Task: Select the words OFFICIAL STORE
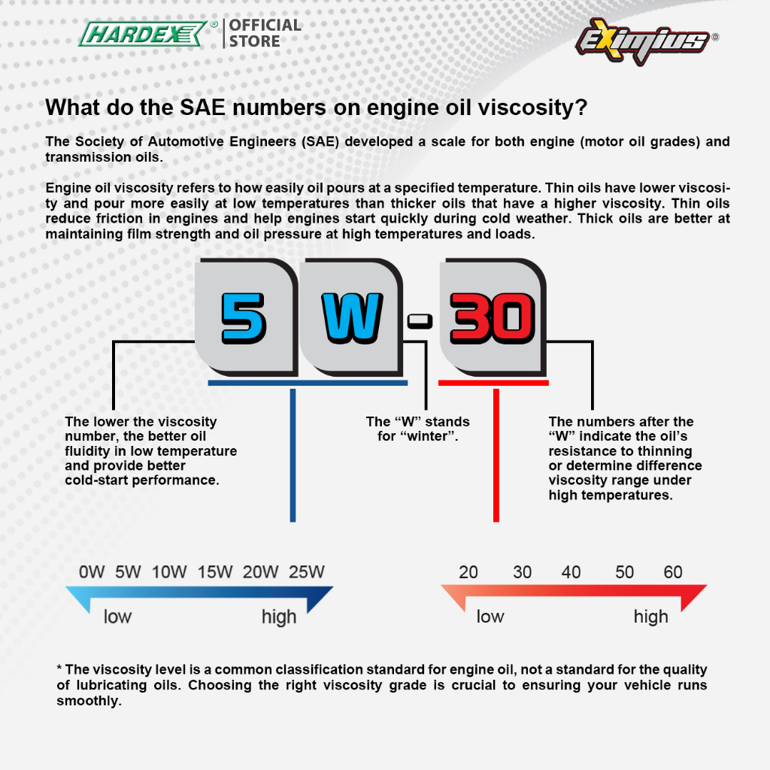click(x=265, y=33)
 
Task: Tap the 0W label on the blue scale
click(x=92, y=572)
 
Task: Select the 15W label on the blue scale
click(x=215, y=572)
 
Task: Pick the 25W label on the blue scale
click(x=307, y=572)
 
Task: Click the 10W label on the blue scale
click(x=169, y=572)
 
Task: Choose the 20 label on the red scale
click(x=468, y=572)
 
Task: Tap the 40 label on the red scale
click(x=571, y=572)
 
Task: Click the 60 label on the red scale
click(x=672, y=572)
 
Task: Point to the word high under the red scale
click(x=650, y=617)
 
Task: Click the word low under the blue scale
click(x=117, y=617)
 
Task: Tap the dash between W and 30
click(x=420, y=322)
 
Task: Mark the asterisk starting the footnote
click(x=59, y=668)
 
